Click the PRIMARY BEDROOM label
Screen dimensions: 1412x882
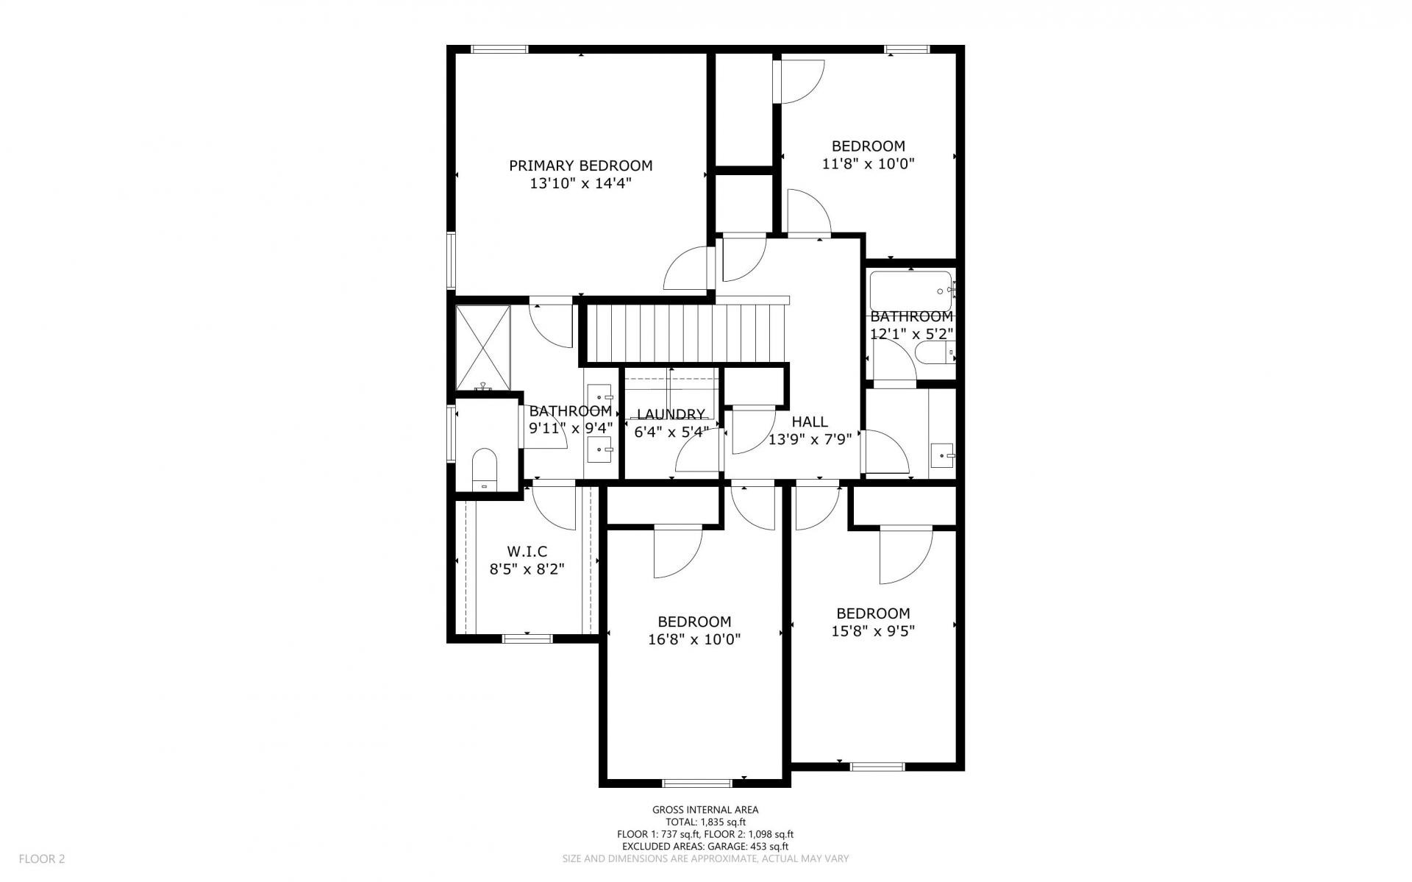point(581,166)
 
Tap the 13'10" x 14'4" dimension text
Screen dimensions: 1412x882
point(581,183)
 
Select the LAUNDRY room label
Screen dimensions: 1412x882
point(671,415)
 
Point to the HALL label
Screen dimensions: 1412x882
point(810,422)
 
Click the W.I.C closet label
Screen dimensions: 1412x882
point(527,552)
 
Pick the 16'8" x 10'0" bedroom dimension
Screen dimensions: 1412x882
point(694,639)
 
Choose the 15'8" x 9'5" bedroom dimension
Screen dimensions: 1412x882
point(873,631)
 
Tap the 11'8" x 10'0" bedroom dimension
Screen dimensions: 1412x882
point(868,163)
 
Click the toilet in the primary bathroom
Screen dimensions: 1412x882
point(484,469)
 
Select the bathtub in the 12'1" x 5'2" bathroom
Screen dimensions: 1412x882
point(911,291)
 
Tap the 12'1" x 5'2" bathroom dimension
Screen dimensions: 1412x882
point(912,333)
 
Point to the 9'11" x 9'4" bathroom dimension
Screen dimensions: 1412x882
point(571,428)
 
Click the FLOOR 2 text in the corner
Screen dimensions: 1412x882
point(42,858)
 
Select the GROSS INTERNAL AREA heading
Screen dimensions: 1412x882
point(705,810)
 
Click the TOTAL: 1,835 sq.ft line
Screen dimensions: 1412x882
point(705,822)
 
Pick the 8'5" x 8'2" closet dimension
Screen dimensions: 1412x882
point(527,569)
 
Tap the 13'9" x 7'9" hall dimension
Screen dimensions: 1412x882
point(810,440)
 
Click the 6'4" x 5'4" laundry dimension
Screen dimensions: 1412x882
point(671,432)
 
